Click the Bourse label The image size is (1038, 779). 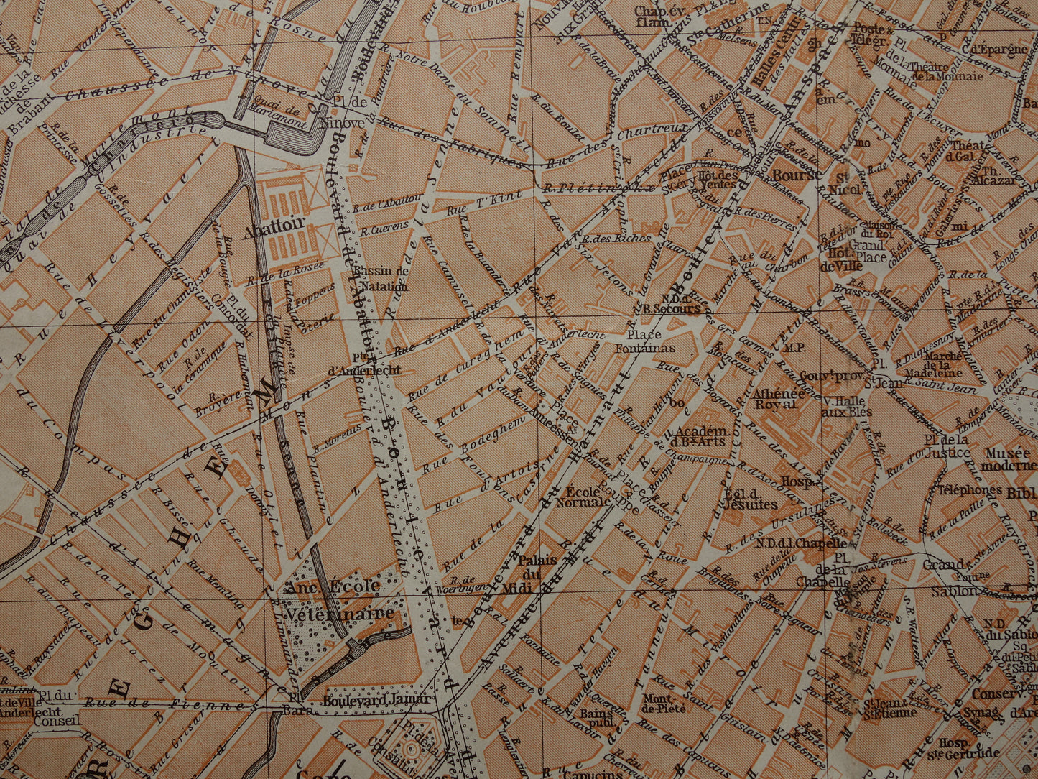coord(797,175)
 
